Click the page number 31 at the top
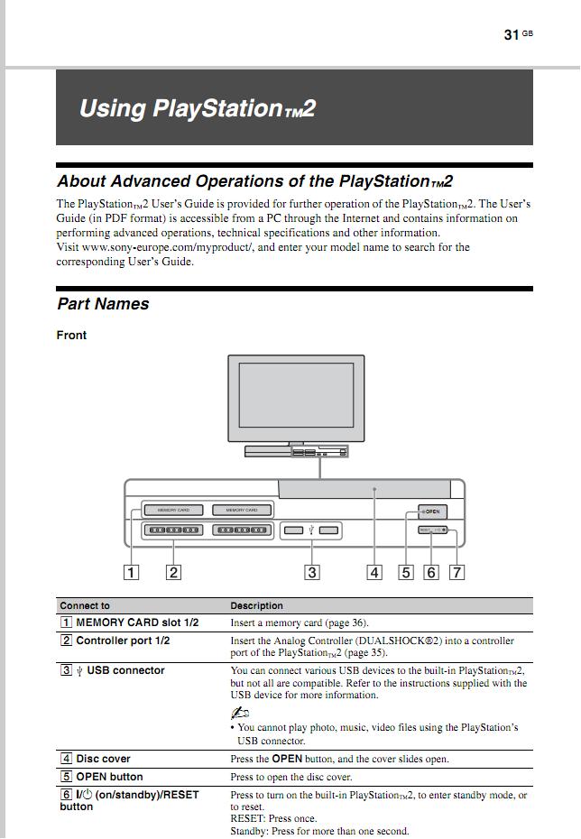(512, 34)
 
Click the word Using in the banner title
(112, 109)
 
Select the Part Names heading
(103, 304)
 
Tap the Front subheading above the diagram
(72, 336)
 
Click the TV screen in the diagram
(296, 397)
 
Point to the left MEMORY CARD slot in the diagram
(173, 510)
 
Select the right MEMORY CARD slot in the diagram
(242, 510)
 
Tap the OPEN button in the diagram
(432, 512)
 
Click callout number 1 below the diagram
(132, 571)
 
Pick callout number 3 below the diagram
(312, 571)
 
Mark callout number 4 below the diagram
(374, 571)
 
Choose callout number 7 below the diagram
(457, 571)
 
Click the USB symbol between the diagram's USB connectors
(310, 530)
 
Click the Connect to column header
(85, 605)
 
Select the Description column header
(256, 605)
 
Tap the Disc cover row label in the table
(103, 759)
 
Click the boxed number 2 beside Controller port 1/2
(66, 641)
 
